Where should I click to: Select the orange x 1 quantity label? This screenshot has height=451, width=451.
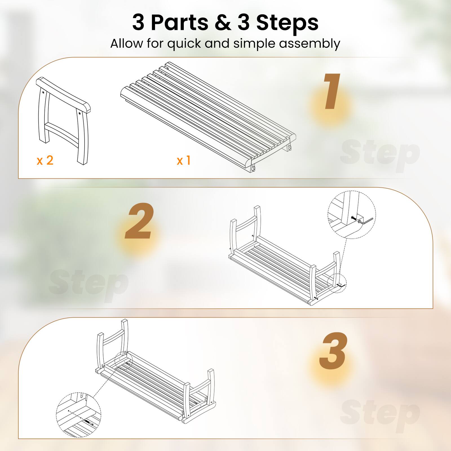click(x=184, y=160)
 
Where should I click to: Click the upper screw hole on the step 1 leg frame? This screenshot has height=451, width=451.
click(x=43, y=92)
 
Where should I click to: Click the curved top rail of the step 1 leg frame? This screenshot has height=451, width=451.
click(x=63, y=93)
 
